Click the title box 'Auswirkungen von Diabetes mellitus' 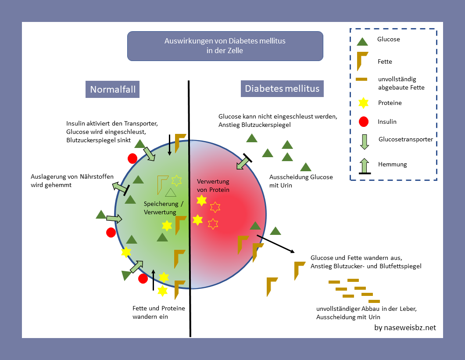[225, 46]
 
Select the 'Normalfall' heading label [113, 90]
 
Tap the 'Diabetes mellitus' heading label [282, 89]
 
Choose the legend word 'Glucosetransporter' [406, 139]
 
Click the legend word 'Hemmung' [393, 164]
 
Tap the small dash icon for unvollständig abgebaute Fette [362, 79]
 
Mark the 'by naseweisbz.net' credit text [405, 328]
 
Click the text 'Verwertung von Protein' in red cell [213, 185]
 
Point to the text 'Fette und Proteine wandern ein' [158, 312]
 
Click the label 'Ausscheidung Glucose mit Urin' [301, 181]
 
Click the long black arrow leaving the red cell [275, 243]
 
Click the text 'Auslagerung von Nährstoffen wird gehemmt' [72, 181]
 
